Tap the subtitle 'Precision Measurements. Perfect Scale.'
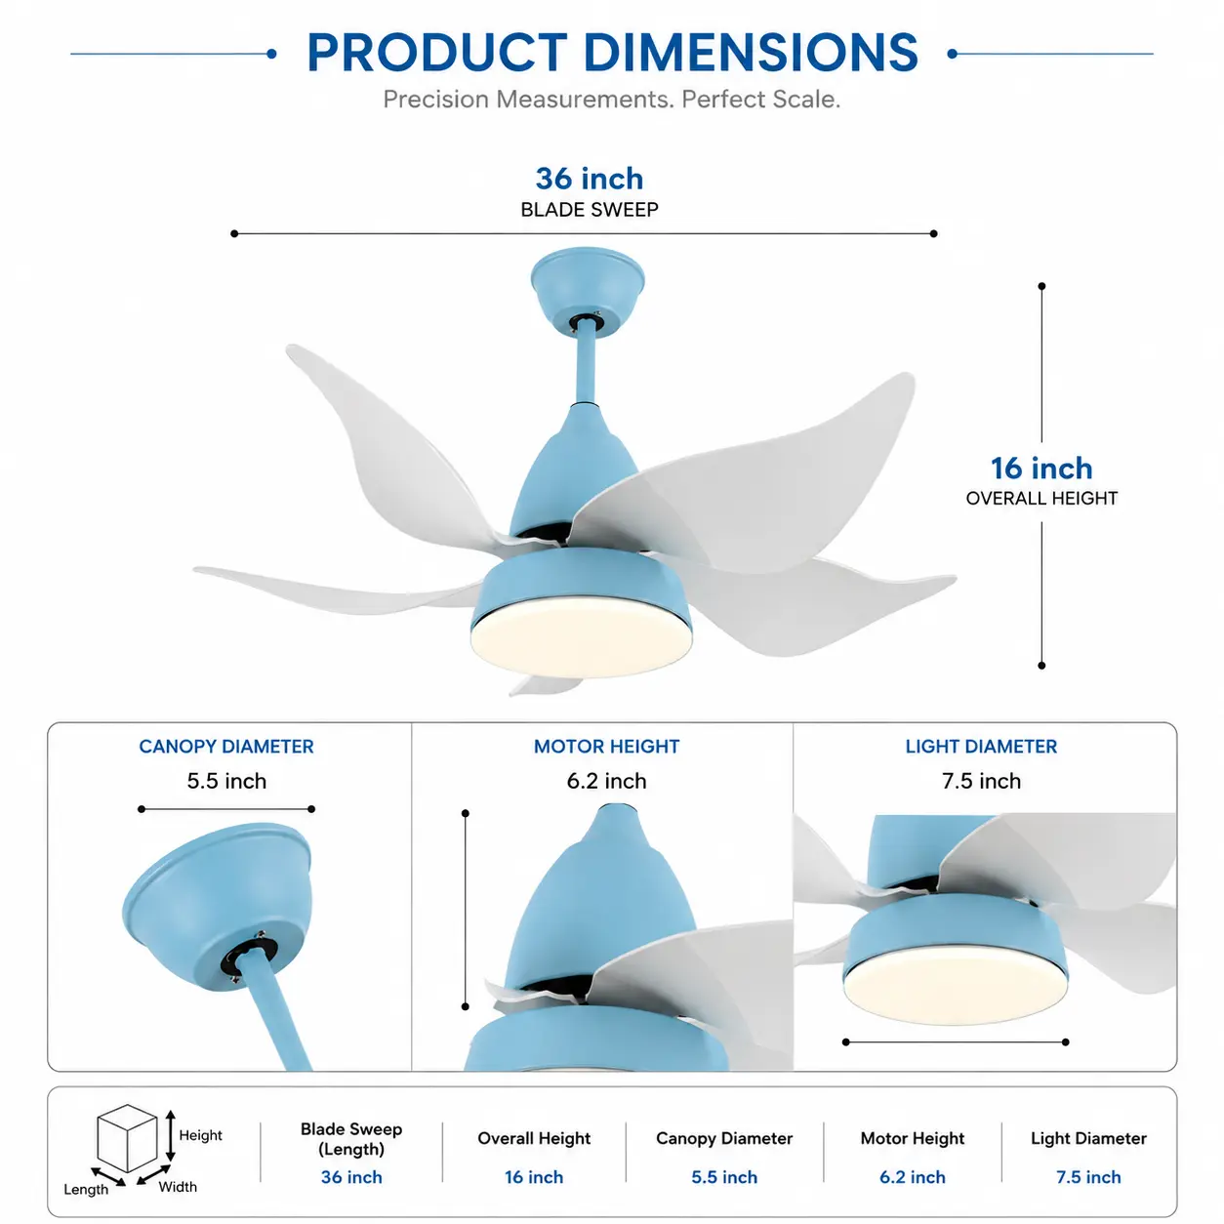pos(612,100)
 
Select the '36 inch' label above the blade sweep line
pos(590,179)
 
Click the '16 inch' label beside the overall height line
pos(1041,469)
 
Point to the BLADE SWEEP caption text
pos(590,210)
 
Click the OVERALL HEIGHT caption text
pos(1041,499)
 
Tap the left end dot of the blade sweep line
pos(234,233)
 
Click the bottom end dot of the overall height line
pos(1041,666)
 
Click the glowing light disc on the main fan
pos(581,636)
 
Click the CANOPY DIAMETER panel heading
pos(226,747)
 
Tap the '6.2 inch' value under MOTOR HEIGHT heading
pos(606,781)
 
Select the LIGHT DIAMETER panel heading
pos(981,747)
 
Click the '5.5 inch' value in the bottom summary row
pos(724,1177)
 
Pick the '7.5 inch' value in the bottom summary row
pos(1088,1177)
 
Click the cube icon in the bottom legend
pos(127,1138)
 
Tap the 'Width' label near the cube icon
pos(178,1187)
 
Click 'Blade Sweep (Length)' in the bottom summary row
pos(351,1139)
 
